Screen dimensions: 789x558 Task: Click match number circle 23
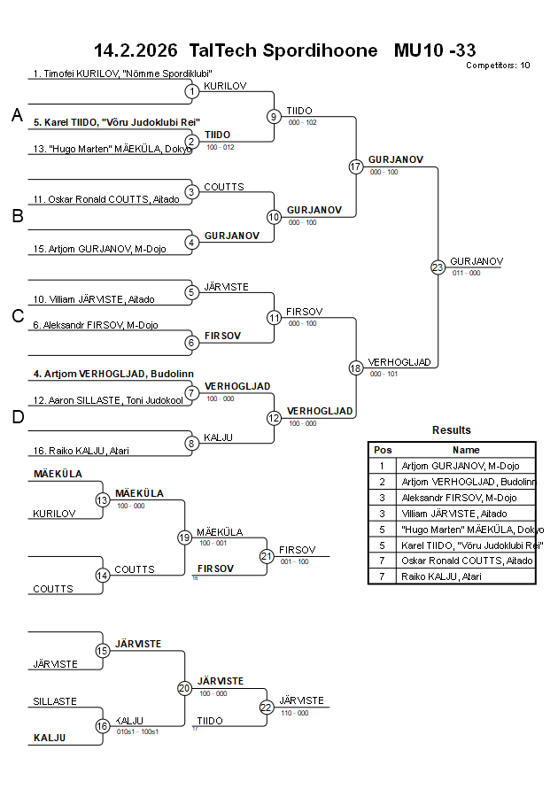(438, 267)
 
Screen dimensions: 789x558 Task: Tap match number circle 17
(356, 166)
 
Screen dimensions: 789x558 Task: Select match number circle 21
(267, 556)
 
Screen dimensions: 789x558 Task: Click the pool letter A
(17, 115)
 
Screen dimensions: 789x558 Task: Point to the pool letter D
(17, 417)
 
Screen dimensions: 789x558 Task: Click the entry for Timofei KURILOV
(123, 74)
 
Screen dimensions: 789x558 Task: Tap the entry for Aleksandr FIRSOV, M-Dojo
(96, 325)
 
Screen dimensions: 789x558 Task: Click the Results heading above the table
(452, 430)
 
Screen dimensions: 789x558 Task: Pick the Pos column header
(383, 450)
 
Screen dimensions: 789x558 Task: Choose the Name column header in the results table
(466, 450)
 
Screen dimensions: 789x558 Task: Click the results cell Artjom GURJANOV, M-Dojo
(461, 466)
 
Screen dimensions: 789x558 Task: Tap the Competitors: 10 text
(498, 66)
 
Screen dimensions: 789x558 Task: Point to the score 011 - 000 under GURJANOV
(466, 274)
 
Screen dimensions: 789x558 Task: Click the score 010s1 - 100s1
(137, 731)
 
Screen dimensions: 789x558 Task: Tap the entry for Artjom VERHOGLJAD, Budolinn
(113, 374)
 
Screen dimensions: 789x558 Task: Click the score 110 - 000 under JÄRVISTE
(294, 713)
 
